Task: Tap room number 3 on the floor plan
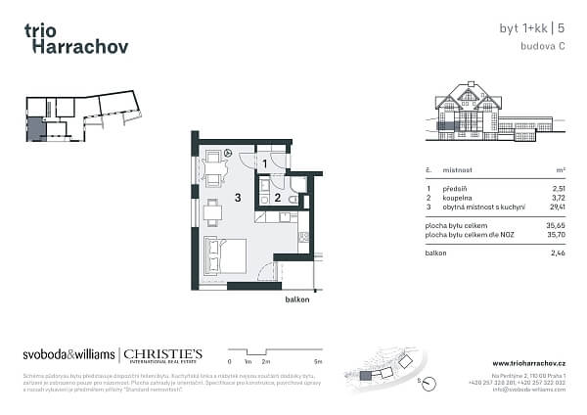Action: point(238,198)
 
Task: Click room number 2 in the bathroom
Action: point(277,198)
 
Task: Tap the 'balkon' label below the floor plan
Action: point(297,300)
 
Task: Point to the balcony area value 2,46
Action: point(559,253)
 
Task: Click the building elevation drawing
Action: point(479,111)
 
